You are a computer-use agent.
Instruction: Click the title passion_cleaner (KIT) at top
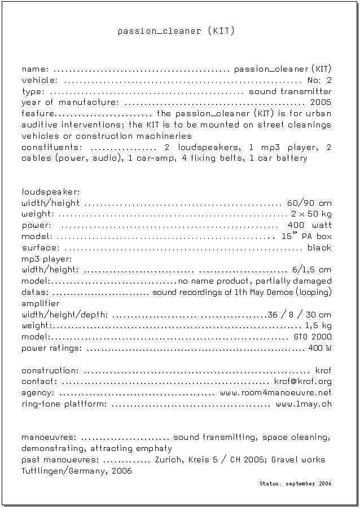point(176,31)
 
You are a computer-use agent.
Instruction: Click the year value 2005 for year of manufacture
point(321,102)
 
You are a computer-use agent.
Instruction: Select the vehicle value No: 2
point(319,80)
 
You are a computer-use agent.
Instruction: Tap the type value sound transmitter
point(290,91)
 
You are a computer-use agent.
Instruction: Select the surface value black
point(319,248)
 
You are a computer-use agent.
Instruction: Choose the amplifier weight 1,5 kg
point(318,326)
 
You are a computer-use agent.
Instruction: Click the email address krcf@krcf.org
point(302,382)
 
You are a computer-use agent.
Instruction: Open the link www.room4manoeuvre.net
point(276,392)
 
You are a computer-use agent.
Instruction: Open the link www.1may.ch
point(304,404)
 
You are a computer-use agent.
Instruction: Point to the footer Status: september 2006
point(296,484)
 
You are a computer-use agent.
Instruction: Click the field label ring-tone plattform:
point(64,404)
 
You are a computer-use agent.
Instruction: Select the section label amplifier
point(41,303)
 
